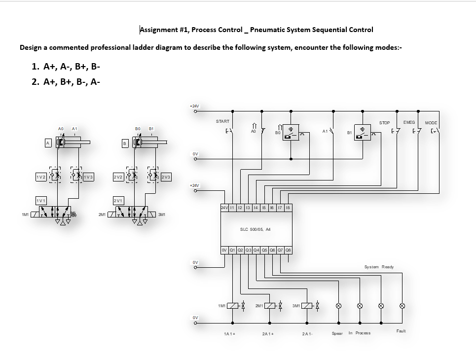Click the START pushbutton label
[x=222, y=121]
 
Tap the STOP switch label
[x=384, y=123]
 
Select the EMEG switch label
[x=409, y=122]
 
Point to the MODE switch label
[x=431, y=123]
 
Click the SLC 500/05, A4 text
[x=255, y=229]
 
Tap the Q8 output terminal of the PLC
[x=288, y=250]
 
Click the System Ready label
[x=379, y=267]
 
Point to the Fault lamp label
[x=401, y=331]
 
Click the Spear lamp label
[x=337, y=333]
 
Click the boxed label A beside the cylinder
[x=48, y=143]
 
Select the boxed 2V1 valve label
[x=118, y=201]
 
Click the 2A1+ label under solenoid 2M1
[x=268, y=334]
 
